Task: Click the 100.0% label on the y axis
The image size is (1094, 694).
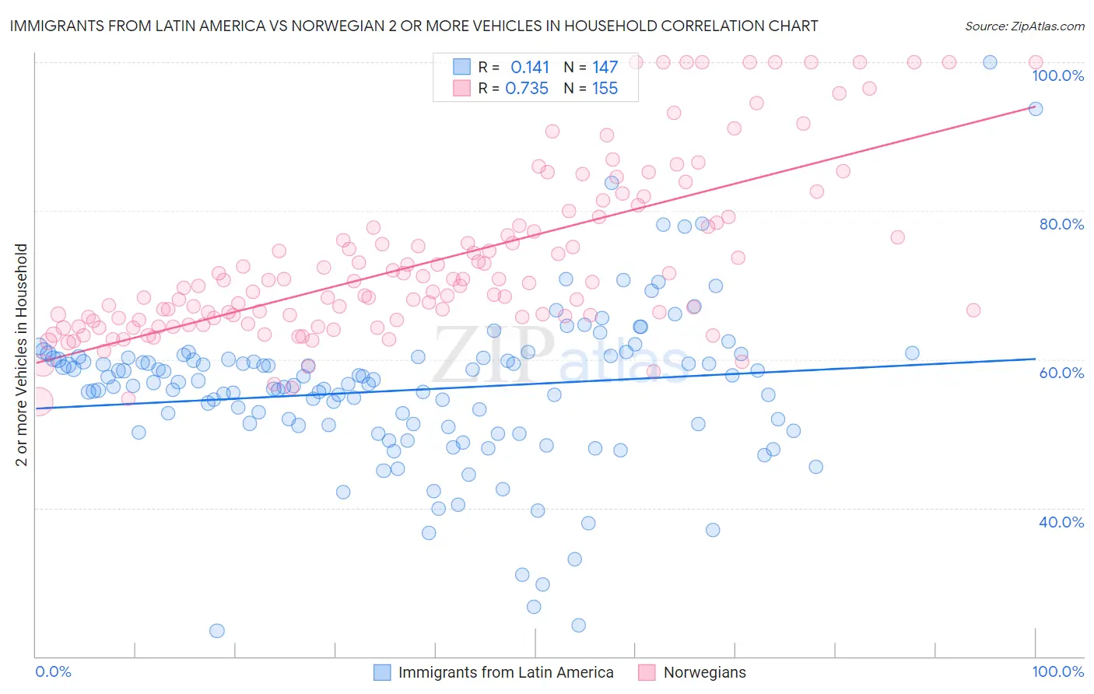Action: [1057, 75]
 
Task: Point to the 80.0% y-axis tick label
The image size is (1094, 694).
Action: [1061, 224]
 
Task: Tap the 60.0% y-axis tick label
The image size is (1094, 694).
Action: [1061, 373]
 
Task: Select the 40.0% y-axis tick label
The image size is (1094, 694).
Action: [1061, 522]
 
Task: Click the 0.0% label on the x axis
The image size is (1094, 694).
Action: [54, 671]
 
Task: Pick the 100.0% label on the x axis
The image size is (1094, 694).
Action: [1057, 671]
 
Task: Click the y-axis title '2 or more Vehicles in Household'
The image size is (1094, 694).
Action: [22, 355]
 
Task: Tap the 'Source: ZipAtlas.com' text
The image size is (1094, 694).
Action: [1024, 26]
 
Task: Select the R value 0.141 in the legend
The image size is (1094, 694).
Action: [530, 68]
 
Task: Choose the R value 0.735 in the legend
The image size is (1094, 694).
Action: [527, 89]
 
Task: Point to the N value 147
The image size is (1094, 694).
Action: [605, 68]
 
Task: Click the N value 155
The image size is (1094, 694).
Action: [605, 89]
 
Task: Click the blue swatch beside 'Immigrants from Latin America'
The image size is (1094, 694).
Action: [382, 672]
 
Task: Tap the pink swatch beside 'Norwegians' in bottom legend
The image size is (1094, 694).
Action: [647, 672]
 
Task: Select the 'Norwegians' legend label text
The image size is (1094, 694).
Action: [704, 672]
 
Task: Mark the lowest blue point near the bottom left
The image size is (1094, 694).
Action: [217, 631]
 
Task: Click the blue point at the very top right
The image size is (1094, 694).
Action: [990, 62]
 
